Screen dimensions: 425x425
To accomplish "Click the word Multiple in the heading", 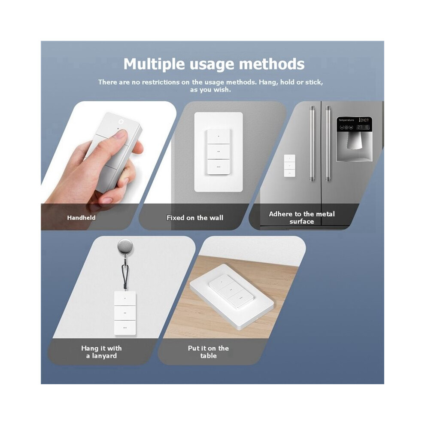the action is (x=154, y=65).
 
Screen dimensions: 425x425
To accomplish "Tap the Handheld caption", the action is (x=81, y=218).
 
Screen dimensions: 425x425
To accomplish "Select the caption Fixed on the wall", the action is (x=194, y=218).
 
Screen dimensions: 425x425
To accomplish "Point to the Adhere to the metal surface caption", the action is (x=302, y=218).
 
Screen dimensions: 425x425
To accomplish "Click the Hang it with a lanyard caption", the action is (x=101, y=352).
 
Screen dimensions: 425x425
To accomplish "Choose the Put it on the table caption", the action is (x=208, y=352).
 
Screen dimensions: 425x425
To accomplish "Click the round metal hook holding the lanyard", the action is (x=125, y=246).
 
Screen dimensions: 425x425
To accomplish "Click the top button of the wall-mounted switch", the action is (x=219, y=137).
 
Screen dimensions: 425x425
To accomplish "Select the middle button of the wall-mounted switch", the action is (x=219, y=152).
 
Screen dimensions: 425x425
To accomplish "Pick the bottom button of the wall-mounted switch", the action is (x=219, y=167).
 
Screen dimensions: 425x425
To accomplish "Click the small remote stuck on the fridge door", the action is (x=289, y=166).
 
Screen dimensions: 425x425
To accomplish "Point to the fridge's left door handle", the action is (x=313, y=144).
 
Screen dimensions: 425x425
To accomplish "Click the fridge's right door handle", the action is (x=328, y=144).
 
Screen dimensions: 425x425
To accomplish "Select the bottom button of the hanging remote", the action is (x=125, y=328).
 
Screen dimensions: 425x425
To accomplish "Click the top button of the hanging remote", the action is (x=125, y=298).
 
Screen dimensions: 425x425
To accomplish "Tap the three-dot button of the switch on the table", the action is (x=240, y=299).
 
